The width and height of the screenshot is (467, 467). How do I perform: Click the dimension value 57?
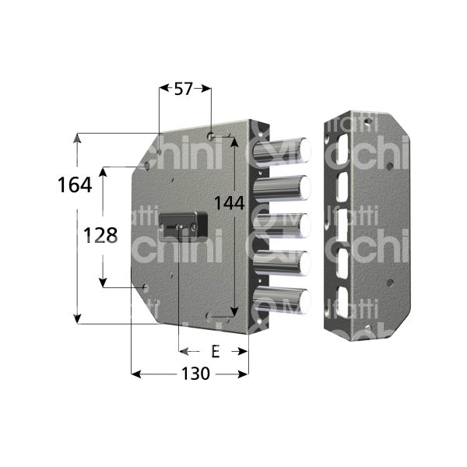click(x=184, y=90)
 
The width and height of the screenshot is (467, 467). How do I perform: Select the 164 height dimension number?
click(x=75, y=185)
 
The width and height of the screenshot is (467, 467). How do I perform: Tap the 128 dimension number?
click(x=101, y=235)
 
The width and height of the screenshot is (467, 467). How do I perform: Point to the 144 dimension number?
click(x=230, y=202)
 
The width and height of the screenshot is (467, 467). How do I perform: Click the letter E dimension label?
click(x=216, y=352)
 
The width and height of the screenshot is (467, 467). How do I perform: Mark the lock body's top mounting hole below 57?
click(x=211, y=136)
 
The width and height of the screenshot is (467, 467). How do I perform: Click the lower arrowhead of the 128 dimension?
click(x=102, y=283)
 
